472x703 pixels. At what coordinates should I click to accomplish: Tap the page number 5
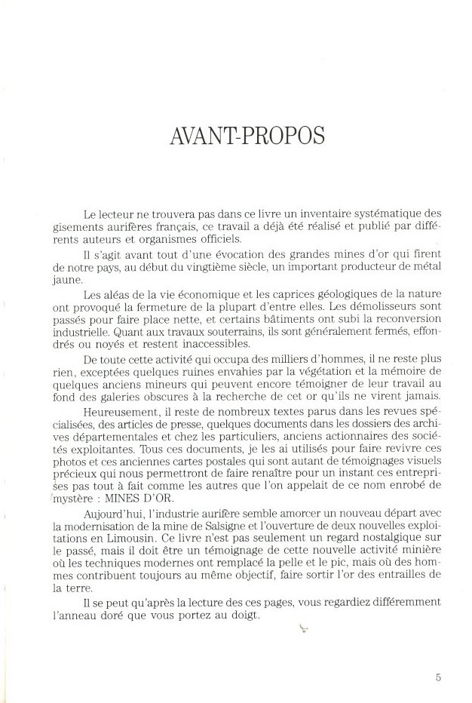click(439, 677)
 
